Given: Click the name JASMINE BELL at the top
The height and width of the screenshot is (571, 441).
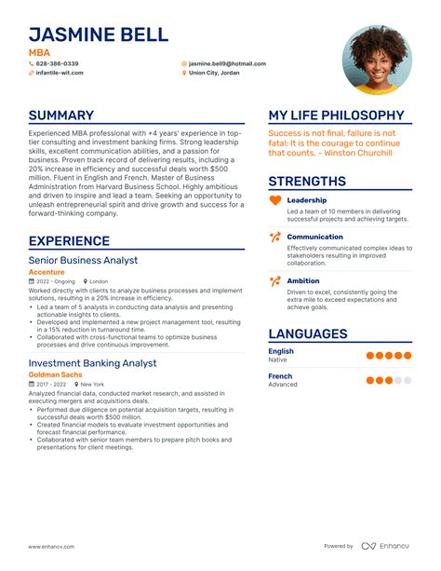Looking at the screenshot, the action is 99,35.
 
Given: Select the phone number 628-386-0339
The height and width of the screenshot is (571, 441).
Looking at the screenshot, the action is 59,63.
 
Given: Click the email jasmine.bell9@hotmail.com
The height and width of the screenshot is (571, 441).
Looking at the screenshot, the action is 227,63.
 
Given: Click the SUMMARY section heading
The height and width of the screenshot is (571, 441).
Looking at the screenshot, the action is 61,116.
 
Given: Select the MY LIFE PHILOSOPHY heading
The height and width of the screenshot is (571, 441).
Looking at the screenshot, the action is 336,116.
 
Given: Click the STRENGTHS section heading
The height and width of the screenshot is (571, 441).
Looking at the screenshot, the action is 307,182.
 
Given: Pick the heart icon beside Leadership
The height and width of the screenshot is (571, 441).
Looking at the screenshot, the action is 274,200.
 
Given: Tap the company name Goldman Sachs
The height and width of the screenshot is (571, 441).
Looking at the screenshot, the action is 54,374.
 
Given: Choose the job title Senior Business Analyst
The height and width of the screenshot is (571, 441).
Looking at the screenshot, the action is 83,260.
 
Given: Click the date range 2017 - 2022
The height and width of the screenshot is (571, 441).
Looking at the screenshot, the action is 52,384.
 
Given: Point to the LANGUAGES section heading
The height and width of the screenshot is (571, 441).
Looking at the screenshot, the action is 308,333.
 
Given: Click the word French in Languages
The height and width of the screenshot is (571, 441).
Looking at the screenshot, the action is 280,376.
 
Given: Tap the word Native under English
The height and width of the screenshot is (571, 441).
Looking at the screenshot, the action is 278,359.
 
